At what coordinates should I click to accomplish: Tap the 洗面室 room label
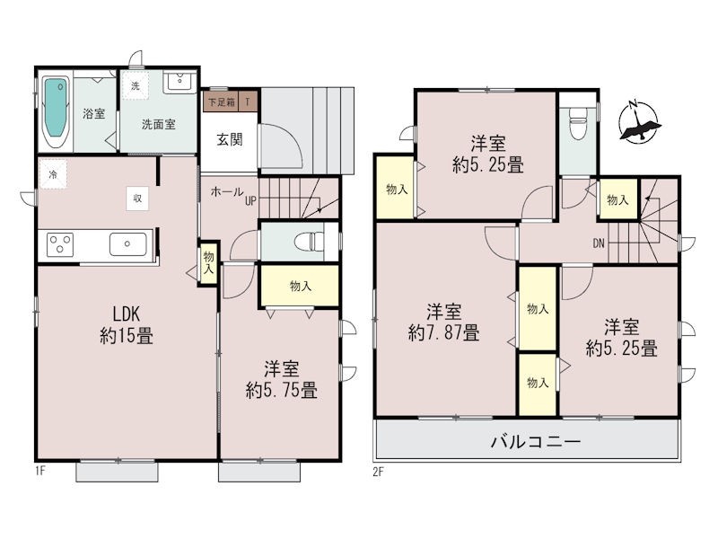159,124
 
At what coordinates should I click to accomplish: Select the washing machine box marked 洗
136,85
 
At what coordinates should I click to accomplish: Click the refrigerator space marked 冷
53,174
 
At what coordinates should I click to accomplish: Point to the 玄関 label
230,139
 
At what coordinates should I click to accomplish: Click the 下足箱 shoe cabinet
222,102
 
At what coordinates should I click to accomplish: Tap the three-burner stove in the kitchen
60,244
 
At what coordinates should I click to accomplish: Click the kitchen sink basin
127,244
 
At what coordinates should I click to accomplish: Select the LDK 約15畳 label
127,325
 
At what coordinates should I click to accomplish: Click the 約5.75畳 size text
281,391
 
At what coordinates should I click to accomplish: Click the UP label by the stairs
250,200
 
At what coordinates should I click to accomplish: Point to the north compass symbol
638,122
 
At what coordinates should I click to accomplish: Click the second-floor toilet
577,123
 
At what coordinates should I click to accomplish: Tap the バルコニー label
536,442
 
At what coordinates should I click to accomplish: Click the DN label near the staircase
599,243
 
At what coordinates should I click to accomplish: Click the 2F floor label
378,472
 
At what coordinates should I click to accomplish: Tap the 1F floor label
40,471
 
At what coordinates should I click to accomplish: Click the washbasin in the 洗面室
179,82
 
